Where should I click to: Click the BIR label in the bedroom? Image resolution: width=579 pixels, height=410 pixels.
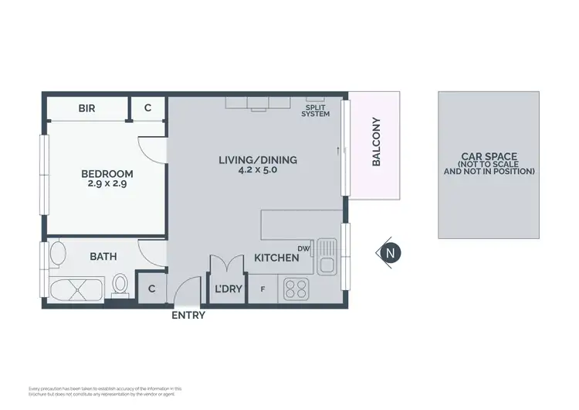[86, 108]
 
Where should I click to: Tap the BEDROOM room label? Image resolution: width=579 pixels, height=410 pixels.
[107, 174]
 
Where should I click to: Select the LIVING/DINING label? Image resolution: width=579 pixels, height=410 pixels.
[258, 161]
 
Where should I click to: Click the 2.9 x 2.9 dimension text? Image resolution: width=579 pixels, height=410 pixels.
[107, 184]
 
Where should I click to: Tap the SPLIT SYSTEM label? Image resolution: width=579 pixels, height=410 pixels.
[316, 110]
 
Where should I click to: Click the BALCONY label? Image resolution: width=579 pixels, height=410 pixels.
[377, 142]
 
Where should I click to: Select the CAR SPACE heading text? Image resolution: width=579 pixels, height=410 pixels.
[489, 155]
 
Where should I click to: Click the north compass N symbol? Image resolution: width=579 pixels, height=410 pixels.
[391, 252]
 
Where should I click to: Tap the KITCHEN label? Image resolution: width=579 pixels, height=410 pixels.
[276, 258]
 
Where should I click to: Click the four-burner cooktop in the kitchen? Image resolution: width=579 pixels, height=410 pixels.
[296, 289]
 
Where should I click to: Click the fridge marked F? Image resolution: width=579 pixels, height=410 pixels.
[262, 289]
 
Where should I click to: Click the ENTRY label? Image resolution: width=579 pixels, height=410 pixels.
[188, 315]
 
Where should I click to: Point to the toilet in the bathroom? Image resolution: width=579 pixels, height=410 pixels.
[120, 285]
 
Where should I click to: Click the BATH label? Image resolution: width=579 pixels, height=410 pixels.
[103, 256]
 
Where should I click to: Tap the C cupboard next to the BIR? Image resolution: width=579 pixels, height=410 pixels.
[149, 108]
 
